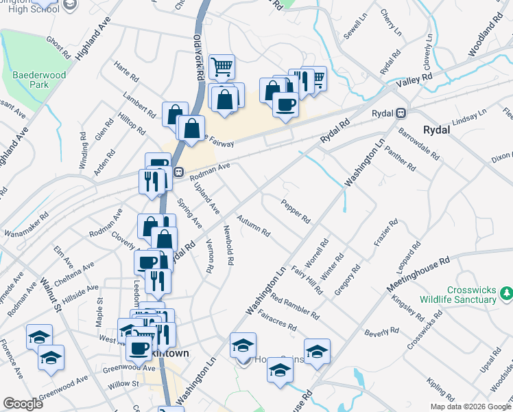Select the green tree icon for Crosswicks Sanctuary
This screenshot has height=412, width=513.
(x=506, y=294)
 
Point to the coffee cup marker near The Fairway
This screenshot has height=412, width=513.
(x=285, y=105)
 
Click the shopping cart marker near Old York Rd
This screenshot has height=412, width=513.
(x=222, y=67)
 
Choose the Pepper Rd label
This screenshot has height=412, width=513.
(x=296, y=211)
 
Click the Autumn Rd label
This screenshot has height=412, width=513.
(x=253, y=225)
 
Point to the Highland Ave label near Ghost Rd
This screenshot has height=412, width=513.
(x=93, y=40)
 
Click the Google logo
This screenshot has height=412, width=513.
(x=23, y=404)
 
